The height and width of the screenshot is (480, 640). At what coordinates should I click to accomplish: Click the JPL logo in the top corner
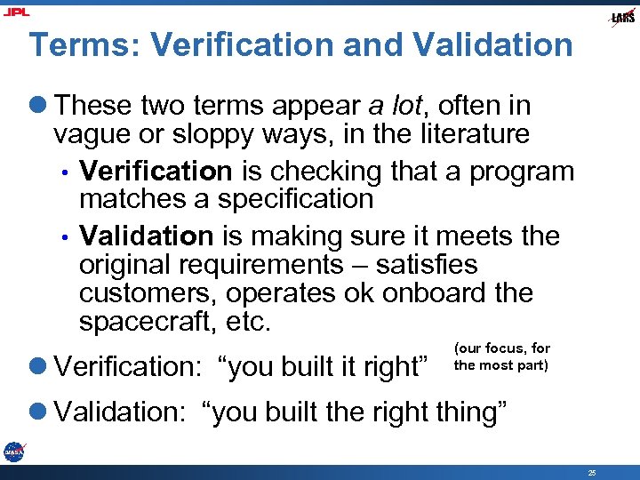coord(17,12)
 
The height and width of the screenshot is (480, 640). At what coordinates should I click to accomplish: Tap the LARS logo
coord(621,17)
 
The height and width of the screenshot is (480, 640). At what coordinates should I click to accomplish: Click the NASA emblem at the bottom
coord(13,452)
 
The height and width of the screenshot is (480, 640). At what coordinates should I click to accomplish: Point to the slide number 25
coord(592,471)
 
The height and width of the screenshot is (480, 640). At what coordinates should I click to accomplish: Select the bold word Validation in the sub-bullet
coord(146,236)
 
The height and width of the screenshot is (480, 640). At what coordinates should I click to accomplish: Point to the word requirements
coord(266,264)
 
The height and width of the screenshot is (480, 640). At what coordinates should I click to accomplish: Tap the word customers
coord(148,292)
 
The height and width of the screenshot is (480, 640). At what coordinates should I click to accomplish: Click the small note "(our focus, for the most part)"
coord(502,356)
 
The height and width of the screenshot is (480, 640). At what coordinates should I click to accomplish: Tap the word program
coord(522,171)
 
